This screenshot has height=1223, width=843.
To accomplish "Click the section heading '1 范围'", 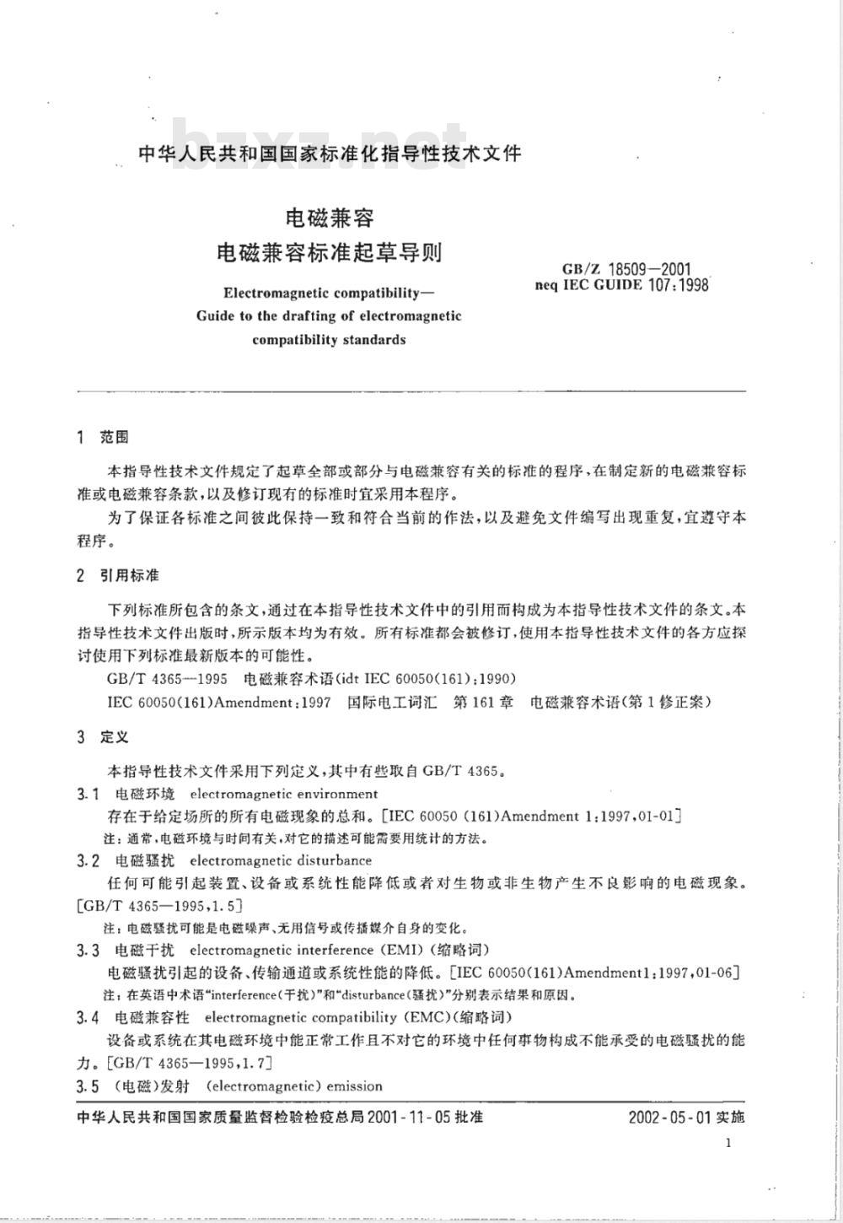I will pos(102,437).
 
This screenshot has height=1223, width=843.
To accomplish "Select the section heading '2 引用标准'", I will pos(117,575).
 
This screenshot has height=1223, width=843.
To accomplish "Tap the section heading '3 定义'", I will pos(102,736).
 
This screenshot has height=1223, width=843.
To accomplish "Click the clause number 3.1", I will pos(89,794).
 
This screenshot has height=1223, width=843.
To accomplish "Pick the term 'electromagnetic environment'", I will pos(284,794).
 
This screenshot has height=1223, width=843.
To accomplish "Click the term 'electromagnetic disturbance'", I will pos(281,861).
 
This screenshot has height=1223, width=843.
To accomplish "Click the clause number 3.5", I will pos(89,1086).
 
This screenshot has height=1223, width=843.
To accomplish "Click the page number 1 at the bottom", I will pos(728,1143).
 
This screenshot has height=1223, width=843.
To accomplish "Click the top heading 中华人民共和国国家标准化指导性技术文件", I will pos(329,154).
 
